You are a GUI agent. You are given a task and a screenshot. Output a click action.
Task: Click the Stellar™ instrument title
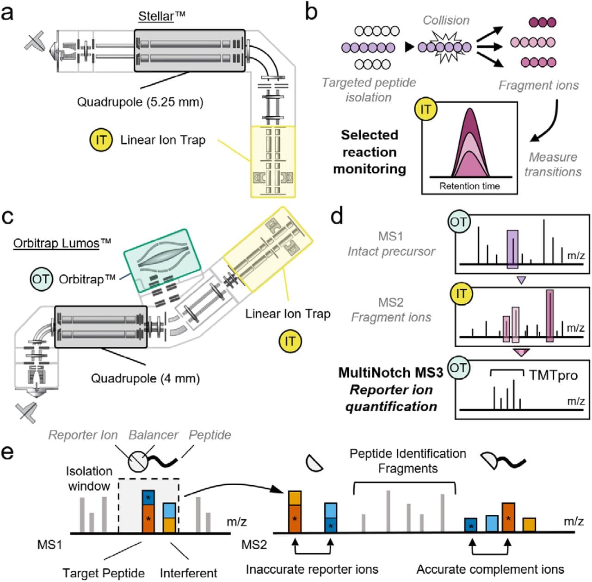[x=161, y=17]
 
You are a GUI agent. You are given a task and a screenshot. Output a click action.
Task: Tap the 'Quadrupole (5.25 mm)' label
[x=140, y=102]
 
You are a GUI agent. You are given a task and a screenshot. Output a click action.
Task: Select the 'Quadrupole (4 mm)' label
[x=145, y=378]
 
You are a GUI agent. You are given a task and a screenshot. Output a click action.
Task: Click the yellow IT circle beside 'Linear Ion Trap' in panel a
[x=101, y=140]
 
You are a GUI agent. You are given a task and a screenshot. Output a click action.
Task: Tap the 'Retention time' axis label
[x=469, y=186]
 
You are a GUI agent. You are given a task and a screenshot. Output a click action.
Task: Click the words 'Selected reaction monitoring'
[x=370, y=152]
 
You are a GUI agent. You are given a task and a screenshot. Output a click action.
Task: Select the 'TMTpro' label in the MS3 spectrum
[x=553, y=375]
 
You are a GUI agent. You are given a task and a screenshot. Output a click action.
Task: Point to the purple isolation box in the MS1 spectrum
[x=512, y=249]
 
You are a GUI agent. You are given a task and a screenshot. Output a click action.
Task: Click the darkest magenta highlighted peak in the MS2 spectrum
[x=549, y=316]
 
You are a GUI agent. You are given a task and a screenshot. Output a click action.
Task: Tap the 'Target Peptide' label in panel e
[x=104, y=573]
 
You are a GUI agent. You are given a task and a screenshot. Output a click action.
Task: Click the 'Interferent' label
[x=188, y=573]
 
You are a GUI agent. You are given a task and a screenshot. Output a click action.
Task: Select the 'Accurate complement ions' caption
[x=490, y=569]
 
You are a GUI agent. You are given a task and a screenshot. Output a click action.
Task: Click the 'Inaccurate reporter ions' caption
[x=312, y=569]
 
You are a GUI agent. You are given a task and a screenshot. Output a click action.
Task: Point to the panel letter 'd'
[x=338, y=216]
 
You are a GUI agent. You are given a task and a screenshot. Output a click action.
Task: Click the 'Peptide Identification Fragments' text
[x=407, y=461]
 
